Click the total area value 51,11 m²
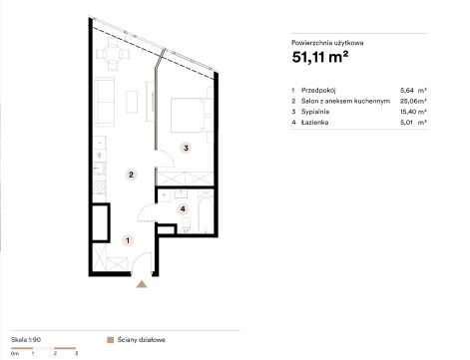320,57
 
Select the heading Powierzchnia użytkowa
327,43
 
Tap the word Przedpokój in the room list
318,90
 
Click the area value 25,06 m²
413,101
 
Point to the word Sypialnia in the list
315,112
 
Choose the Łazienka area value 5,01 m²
413,122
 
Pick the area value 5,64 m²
413,90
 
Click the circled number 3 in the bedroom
187,148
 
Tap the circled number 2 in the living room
131,175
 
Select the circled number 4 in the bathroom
183,209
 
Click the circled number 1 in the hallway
128,240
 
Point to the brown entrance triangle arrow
142,284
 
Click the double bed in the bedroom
189,115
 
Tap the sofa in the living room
105,102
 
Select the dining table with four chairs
113,54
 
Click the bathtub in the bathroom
205,212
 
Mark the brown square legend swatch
111,340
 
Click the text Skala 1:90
26,340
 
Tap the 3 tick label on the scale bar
76,353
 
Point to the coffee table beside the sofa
132,102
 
